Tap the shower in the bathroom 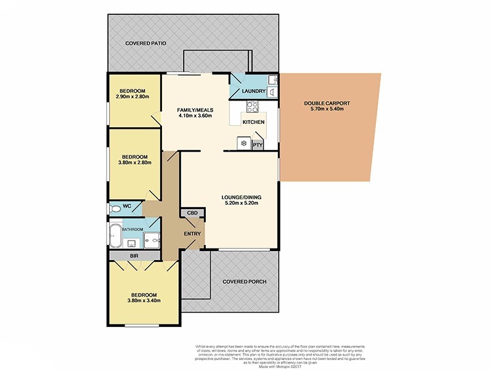pyautogui.click(x=154, y=238)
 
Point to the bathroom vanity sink pyautogui.click(x=131, y=242)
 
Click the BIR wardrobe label pyautogui.click(x=133, y=255)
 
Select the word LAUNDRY pyautogui.click(x=253, y=92)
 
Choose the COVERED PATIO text pyautogui.click(x=147, y=44)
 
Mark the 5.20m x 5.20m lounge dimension pyautogui.click(x=240, y=203)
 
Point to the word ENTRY pyautogui.click(x=192, y=234)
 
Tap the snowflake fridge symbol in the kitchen pyautogui.click(x=243, y=144)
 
